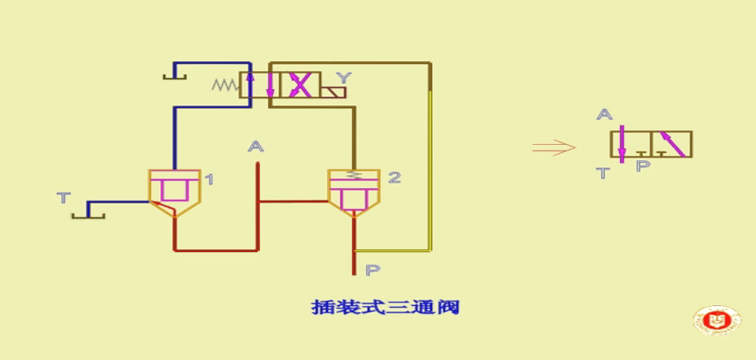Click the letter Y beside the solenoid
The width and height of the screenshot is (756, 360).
click(343, 77)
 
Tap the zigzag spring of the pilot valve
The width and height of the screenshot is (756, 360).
click(226, 85)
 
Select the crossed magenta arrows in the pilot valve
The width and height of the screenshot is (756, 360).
click(300, 85)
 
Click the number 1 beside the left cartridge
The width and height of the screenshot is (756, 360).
click(209, 180)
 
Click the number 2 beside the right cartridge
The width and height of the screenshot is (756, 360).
click(394, 178)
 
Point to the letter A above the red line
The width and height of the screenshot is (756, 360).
click(256, 146)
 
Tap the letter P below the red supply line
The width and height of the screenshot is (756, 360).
click(373, 270)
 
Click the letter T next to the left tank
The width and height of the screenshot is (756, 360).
click(64, 198)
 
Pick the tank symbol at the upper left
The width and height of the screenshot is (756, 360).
click(175, 73)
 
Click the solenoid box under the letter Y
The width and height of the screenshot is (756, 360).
click(334, 92)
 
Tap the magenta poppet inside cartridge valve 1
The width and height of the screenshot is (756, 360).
click(174, 188)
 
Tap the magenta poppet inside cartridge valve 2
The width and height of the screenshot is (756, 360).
click(354, 198)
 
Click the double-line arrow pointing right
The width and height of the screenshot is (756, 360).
click(554, 148)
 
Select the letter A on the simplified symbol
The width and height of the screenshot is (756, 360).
click(604, 114)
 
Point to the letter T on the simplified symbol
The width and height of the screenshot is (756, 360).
click(604, 173)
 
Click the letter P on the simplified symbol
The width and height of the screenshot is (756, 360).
click(643, 166)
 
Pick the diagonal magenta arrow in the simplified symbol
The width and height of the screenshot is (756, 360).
click(672, 144)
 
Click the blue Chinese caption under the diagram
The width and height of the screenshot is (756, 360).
click(385, 307)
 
